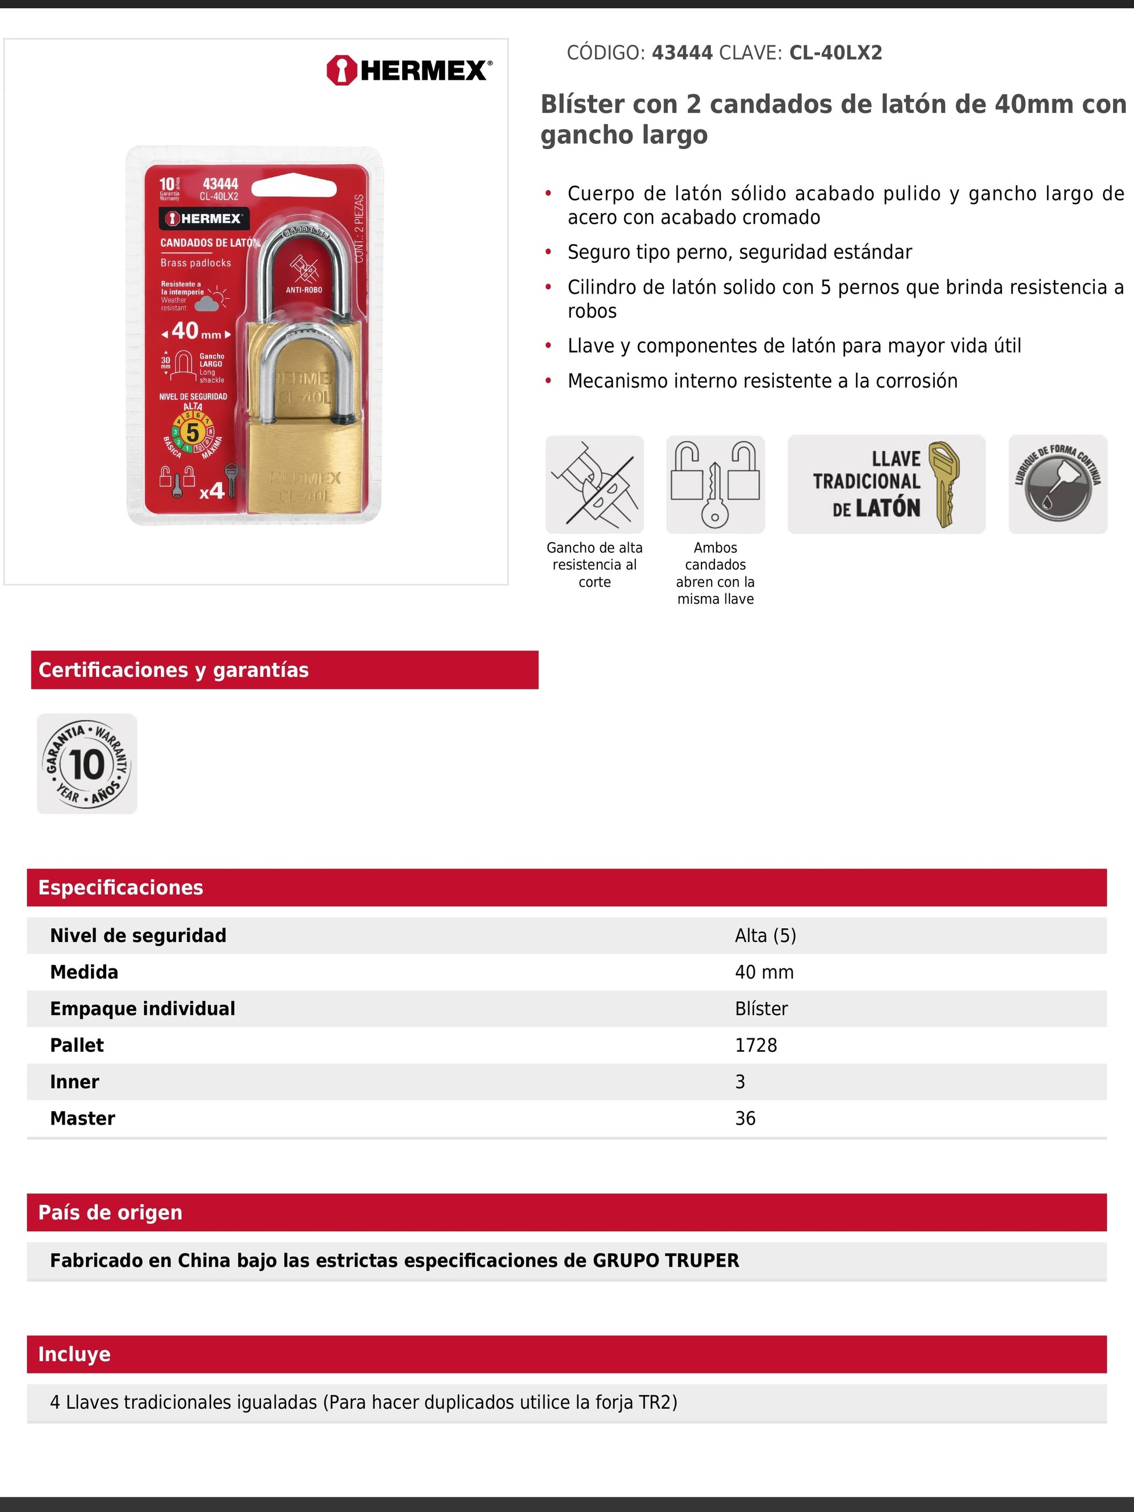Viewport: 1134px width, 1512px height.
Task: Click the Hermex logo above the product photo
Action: [x=408, y=71]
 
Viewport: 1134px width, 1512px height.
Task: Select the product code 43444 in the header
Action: [x=681, y=52]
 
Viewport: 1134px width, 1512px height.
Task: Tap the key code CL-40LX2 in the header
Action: [x=835, y=52]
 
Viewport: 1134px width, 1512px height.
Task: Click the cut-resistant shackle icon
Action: [x=594, y=484]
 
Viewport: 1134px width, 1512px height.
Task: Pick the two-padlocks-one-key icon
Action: [x=715, y=484]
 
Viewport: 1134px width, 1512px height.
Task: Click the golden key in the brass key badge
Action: [x=945, y=484]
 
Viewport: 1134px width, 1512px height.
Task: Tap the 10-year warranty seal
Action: [x=87, y=763]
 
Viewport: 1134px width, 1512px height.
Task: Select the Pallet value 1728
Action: [x=756, y=1045]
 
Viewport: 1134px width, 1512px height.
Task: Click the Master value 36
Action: [x=745, y=1118]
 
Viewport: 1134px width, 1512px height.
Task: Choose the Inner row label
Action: [x=75, y=1081]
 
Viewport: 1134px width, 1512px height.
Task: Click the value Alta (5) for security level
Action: [x=766, y=935]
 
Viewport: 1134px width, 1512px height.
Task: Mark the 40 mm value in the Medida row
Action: [x=764, y=972]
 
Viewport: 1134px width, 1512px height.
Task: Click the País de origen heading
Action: [x=111, y=1212]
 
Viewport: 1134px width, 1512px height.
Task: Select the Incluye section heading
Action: [x=75, y=1354]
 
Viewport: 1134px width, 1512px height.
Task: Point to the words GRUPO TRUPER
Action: [x=665, y=1260]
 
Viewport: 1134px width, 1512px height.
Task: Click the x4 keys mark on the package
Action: [x=212, y=491]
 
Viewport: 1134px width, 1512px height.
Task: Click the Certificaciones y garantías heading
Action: [x=174, y=670]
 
